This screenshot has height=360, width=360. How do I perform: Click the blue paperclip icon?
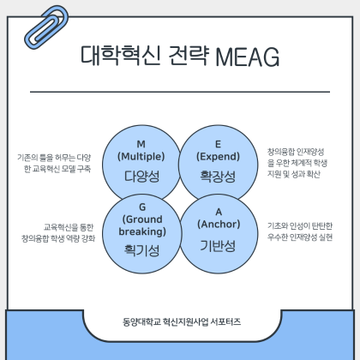click(46, 27)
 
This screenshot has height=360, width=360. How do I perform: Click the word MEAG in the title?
click(247, 57)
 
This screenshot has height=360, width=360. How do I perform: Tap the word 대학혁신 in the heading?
click(120, 56)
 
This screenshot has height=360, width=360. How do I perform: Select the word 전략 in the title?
click(189, 56)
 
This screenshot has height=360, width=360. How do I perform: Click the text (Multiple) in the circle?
click(141, 157)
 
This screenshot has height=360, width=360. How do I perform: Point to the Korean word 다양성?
click(141, 177)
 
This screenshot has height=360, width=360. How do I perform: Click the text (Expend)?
click(218, 157)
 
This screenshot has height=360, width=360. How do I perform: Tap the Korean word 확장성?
click(218, 177)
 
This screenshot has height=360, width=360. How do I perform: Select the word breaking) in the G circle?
click(142, 231)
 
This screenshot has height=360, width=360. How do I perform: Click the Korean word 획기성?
click(141, 250)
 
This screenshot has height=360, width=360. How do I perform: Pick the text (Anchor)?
click(219, 225)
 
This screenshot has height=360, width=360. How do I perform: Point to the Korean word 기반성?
click(218, 246)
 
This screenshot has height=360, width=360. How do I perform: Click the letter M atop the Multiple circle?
click(141, 144)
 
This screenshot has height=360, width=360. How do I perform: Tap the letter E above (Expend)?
click(218, 144)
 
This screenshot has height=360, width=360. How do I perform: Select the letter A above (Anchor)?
click(219, 212)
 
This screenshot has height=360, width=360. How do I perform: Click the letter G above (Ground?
click(142, 207)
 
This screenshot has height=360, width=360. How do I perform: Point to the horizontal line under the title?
click(180, 92)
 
